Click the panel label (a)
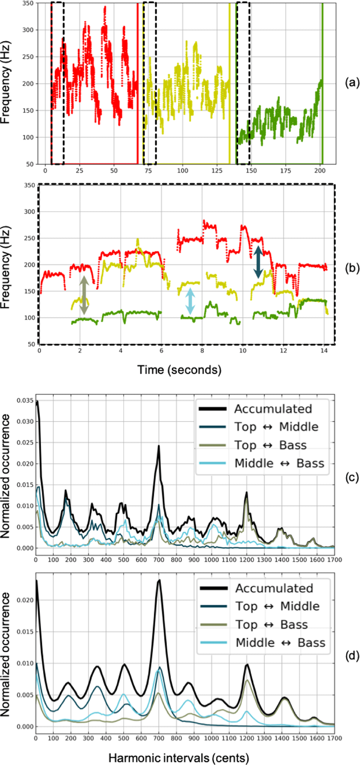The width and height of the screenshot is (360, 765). (x=352, y=82)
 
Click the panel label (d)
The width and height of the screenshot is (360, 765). (x=352, y=656)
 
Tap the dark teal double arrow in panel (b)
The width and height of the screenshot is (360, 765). (x=258, y=262)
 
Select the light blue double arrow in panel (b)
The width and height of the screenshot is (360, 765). (x=190, y=301)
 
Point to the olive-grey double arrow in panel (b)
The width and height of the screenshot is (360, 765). (x=84, y=295)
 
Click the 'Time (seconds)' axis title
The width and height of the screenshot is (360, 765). (x=179, y=370)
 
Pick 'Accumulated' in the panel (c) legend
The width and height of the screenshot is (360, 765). (x=273, y=409)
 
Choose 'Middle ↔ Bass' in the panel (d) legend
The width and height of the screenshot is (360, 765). (x=280, y=643)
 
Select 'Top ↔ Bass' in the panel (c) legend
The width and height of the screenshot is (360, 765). (x=270, y=445)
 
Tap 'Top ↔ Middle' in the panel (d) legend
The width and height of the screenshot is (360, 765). (x=277, y=606)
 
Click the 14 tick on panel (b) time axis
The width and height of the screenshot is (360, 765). (x=324, y=351)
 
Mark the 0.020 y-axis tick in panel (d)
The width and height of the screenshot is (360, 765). (x=25, y=600)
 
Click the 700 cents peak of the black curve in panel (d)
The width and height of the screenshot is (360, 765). (x=159, y=580)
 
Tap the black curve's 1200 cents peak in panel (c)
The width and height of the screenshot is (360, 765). (x=246, y=492)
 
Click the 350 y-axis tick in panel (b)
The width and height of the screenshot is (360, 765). (x=29, y=185)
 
